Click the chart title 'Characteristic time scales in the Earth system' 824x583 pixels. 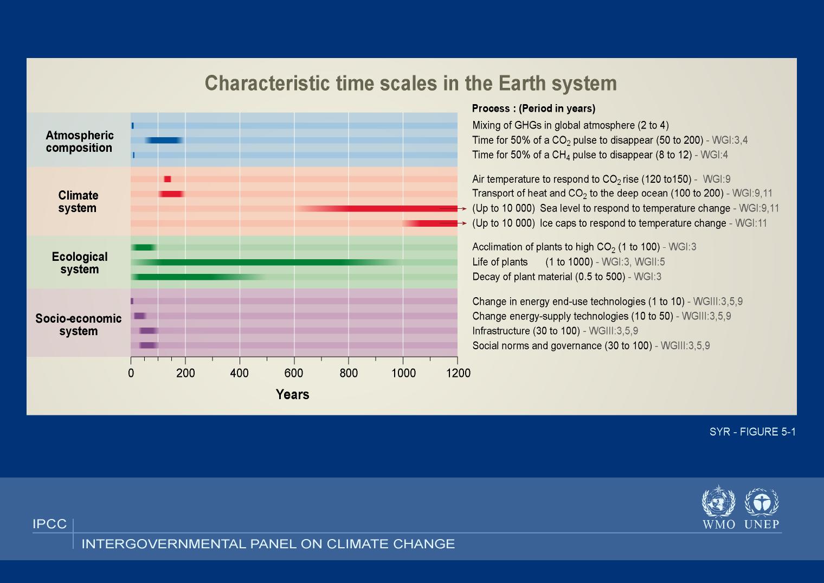coord(410,83)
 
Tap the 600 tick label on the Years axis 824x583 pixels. coord(294,373)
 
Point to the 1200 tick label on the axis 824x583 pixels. coord(459,373)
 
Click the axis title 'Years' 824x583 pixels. coord(292,395)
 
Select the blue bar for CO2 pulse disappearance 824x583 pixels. coord(164,140)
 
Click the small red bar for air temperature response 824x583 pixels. coord(168,180)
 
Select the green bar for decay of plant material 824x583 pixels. coord(198,277)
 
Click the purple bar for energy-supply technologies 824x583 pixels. coord(140,316)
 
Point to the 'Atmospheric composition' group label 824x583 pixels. coord(80,142)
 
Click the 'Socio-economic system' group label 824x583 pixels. coord(79,325)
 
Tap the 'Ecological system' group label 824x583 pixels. coord(80,263)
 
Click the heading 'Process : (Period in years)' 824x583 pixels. coord(534,108)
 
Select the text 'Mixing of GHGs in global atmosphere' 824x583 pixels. coord(553,125)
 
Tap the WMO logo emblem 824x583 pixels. coord(718,501)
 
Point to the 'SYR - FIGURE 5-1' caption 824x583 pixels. coord(752,432)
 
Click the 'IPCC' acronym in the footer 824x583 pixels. coord(50,524)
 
